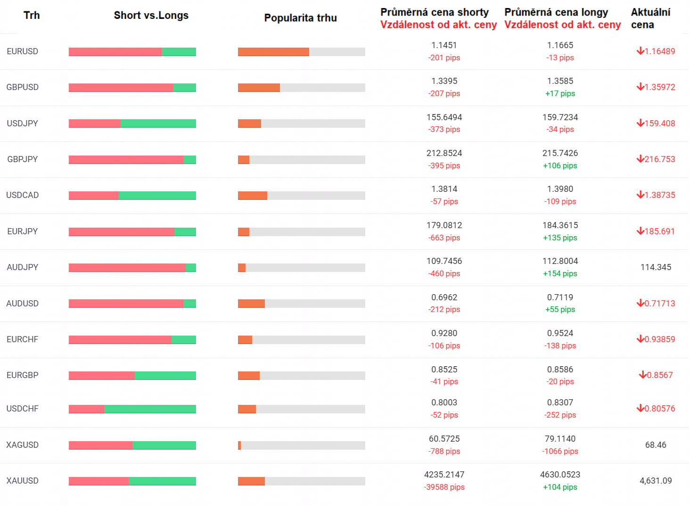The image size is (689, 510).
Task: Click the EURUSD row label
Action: tap(22, 51)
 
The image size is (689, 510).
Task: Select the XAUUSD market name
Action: tap(22, 481)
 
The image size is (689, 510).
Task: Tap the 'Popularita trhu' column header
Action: tap(300, 18)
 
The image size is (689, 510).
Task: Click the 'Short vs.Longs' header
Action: tap(151, 15)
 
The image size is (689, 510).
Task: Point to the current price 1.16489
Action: tap(660, 51)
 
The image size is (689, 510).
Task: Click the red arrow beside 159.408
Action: tap(640, 123)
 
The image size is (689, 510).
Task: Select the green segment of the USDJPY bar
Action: tap(158, 123)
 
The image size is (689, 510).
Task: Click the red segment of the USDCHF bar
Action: tap(86, 409)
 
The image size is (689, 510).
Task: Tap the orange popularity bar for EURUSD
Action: tap(273, 52)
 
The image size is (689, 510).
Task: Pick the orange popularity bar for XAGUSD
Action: tap(239, 445)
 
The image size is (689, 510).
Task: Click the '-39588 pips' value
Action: tap(444, 487)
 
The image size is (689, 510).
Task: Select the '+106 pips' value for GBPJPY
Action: tap(560, 165)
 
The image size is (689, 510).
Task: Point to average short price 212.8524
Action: tap(444, 153)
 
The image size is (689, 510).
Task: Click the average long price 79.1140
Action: tap(560, 439)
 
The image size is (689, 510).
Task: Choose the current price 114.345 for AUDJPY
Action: tap(656, 267)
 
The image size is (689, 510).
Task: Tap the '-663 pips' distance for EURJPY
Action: tap(444, 238)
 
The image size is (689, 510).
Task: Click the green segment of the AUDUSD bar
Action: tap(189, 304)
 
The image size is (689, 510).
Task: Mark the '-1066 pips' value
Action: tap(560, 451)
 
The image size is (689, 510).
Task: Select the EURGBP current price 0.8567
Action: tap(660, 375)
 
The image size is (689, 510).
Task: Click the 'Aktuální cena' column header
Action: tap(650, 18)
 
